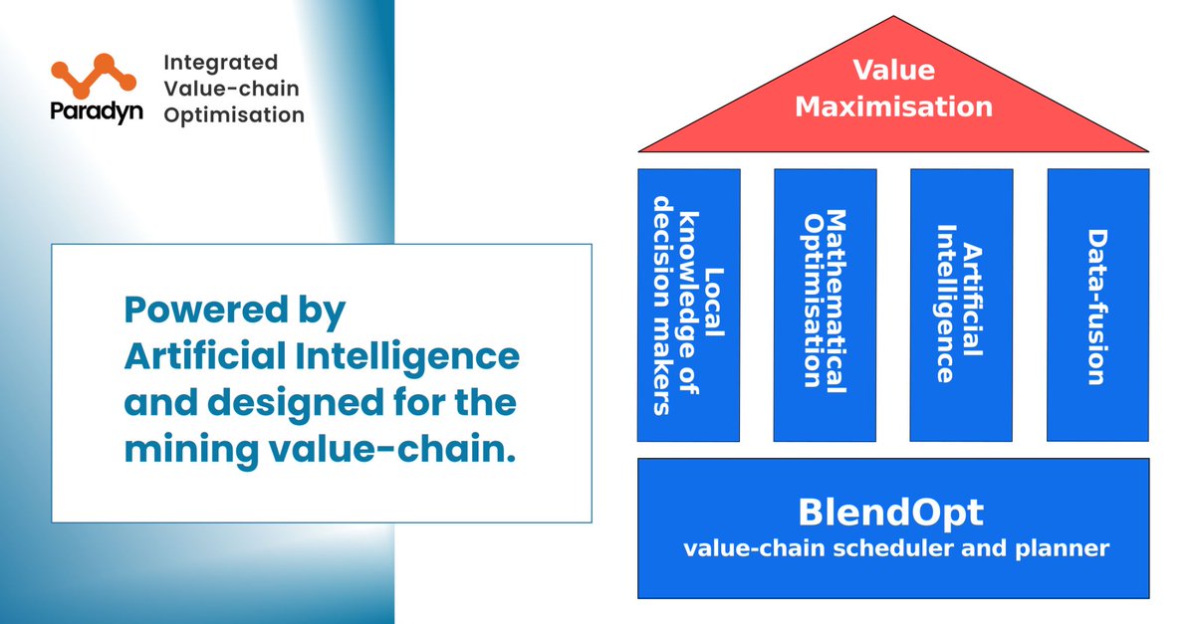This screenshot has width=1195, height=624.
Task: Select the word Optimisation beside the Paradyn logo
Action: (x=233, y=114)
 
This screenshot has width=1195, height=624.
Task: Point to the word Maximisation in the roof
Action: (x=893, y=105)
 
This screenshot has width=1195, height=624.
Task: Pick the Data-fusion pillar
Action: (x=1097, y=305)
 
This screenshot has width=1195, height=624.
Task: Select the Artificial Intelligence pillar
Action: (x=961, y=305)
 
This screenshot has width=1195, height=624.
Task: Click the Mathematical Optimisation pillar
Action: (x=825, y=305)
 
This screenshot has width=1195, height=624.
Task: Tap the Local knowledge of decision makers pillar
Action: (x=688, y=305)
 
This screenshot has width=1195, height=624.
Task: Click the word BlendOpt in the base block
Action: (x=890, y=513)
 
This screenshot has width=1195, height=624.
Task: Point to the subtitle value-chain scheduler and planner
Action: (x=895, y=548)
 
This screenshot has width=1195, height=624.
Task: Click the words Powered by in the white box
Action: (x=234, y=312)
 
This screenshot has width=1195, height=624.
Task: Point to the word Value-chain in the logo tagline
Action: (x=230, y=90)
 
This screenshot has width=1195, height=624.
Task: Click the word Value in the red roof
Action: (x=893, y=71)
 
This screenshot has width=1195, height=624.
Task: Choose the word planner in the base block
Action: (x=1067, y=548)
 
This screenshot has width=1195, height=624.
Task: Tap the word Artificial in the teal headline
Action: (x=211, y=356)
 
